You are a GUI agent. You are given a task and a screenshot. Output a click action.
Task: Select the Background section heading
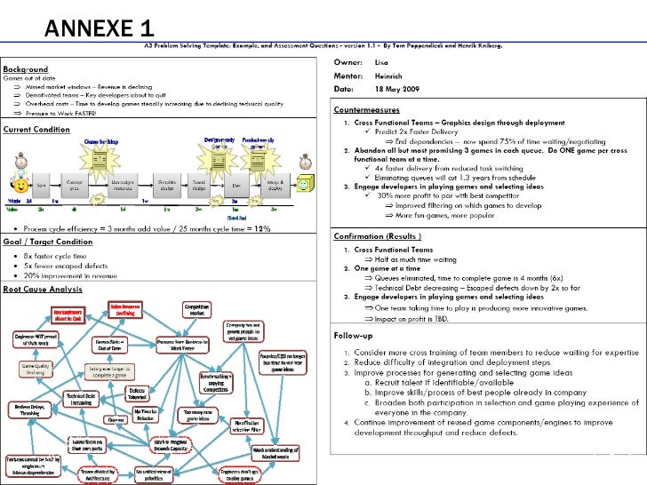[x=27, y=68]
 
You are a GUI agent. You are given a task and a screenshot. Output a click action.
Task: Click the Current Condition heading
[x=36, y=129]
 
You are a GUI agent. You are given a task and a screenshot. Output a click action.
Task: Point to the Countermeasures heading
[x=366, y=109]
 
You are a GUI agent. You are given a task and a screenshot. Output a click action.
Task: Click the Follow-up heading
[x=354, y=336]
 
